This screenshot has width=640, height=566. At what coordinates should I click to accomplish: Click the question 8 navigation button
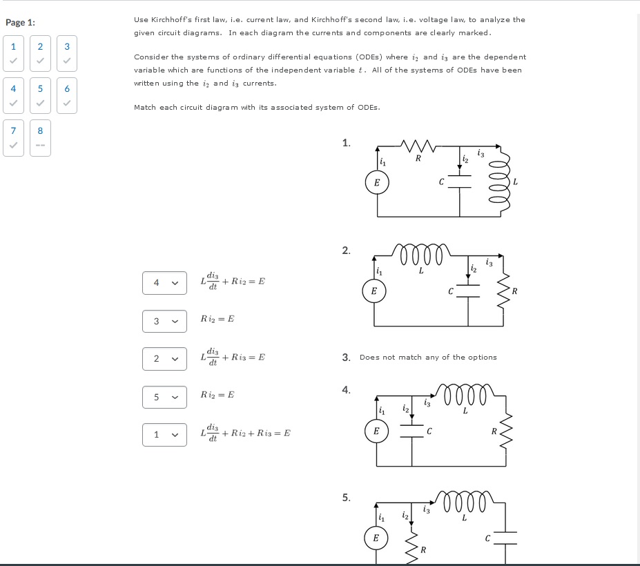click(40, 137)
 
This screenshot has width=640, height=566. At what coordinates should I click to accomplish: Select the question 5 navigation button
click(40, 96)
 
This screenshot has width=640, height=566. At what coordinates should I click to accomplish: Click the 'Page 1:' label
click(20, 23)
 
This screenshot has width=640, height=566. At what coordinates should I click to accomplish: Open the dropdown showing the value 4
click(164, 282)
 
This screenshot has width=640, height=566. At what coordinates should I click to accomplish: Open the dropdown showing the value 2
click(164, 358)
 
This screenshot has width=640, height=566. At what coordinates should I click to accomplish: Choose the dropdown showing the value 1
click(164, 434)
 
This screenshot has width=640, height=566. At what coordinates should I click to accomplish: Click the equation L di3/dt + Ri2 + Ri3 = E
click(245, 433)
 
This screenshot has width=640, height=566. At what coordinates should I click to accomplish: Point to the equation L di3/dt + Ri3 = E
click(233, 358)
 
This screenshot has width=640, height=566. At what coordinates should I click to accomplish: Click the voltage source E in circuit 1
click(376, 183)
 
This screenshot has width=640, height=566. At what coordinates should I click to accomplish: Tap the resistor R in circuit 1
click(418, 146)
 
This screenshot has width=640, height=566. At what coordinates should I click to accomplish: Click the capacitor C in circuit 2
click(467, 291)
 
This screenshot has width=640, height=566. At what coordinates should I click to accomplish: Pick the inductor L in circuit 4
click(465, 398)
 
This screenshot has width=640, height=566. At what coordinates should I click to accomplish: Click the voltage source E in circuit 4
click(376, 431)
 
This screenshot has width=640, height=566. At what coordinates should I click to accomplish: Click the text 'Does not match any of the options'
click(428, 358)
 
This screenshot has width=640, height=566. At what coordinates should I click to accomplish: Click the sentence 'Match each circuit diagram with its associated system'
click(257, 108)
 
